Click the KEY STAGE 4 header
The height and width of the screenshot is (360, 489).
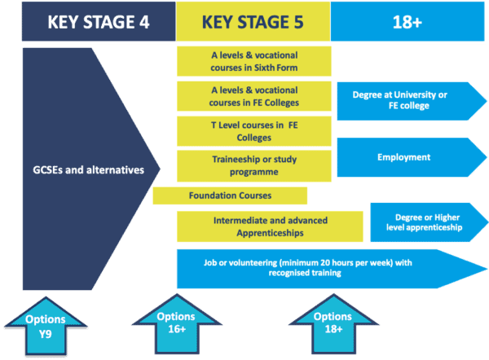coord(99,21)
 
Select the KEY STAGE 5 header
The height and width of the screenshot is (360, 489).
coord(253,21)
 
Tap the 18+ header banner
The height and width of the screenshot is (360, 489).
coord(407,21)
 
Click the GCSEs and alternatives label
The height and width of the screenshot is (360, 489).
coord(89,170)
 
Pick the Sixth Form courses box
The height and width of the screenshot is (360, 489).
coord(253,61)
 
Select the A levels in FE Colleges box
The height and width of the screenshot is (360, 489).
coord(253,96)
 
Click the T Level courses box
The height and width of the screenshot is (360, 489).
coord(253,131)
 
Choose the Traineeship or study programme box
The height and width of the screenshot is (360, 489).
coord(253,166)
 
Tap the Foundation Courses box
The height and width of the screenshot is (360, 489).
coord(230,195)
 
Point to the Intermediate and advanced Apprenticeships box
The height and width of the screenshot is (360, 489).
coord(270,226)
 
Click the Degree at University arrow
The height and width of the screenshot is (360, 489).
coord(412,101)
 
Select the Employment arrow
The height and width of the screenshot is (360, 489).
coord(412,157)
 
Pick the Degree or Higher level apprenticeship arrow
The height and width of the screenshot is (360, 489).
coord(429,222)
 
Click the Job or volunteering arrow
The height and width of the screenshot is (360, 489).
coord(332,269)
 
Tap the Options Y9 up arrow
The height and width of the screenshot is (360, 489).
coord(46,326)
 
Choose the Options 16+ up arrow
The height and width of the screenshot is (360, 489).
coord(177,324)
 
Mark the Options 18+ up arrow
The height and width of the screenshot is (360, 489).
coord(333,324)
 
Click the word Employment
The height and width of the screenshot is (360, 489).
coord(404,157)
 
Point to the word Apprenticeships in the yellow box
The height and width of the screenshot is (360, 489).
coord(270,233)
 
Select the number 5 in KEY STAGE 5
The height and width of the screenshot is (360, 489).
coord(298,22)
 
